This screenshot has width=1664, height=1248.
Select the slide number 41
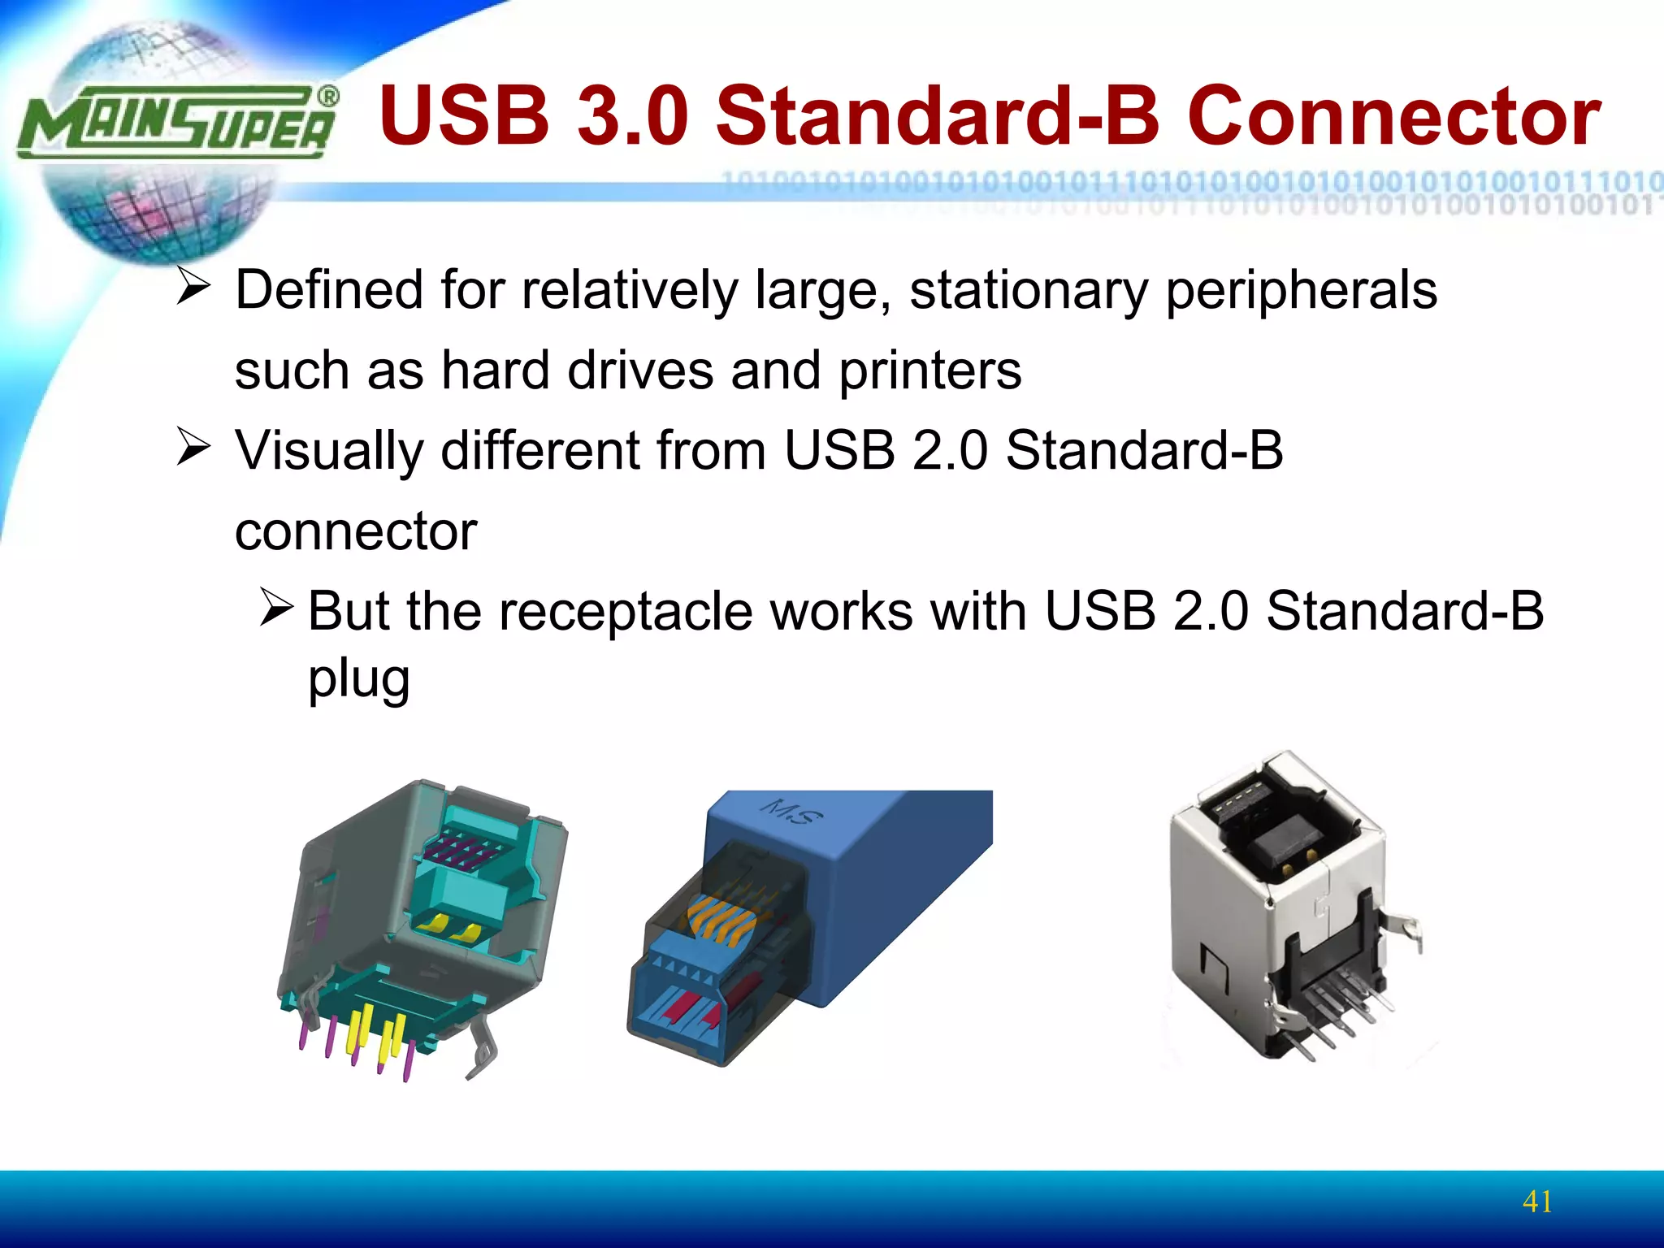(x=1537, y=1201)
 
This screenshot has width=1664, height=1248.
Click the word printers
(x=929, y=370)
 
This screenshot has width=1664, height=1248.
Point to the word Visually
(x=329, y=451)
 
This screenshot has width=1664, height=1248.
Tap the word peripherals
(x=1301, y=290)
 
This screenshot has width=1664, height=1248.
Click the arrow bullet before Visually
(x=193, y=448)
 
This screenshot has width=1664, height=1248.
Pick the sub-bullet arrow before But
(x=276, y=609)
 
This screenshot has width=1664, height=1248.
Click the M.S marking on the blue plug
(x=791, y=811)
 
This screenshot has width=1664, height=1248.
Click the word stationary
(x=1029, y=290)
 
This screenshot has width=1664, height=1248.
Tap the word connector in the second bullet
(x=356, y=531)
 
